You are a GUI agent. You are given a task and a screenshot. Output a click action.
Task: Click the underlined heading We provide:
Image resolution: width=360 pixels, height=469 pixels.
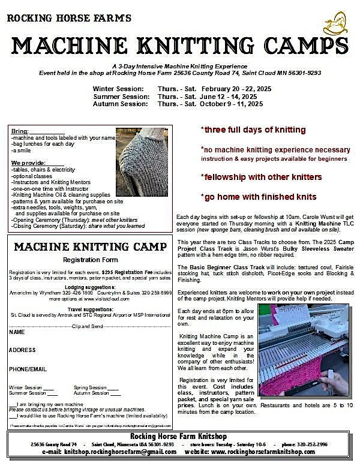[x=27, y=163]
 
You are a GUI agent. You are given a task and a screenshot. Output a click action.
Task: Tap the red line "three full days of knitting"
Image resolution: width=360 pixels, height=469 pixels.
[x=253, y=130]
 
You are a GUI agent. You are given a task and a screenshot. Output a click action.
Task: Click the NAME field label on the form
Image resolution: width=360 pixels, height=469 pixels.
[x=17, y=332]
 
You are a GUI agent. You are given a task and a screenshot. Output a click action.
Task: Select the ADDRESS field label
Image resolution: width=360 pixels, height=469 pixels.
[x=23, y=350]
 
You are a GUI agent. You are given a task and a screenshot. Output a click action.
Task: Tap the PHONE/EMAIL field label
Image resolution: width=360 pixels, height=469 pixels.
[x=28, y=369]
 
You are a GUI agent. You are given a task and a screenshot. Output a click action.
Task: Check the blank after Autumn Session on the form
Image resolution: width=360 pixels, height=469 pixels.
[x=115, y=393]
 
